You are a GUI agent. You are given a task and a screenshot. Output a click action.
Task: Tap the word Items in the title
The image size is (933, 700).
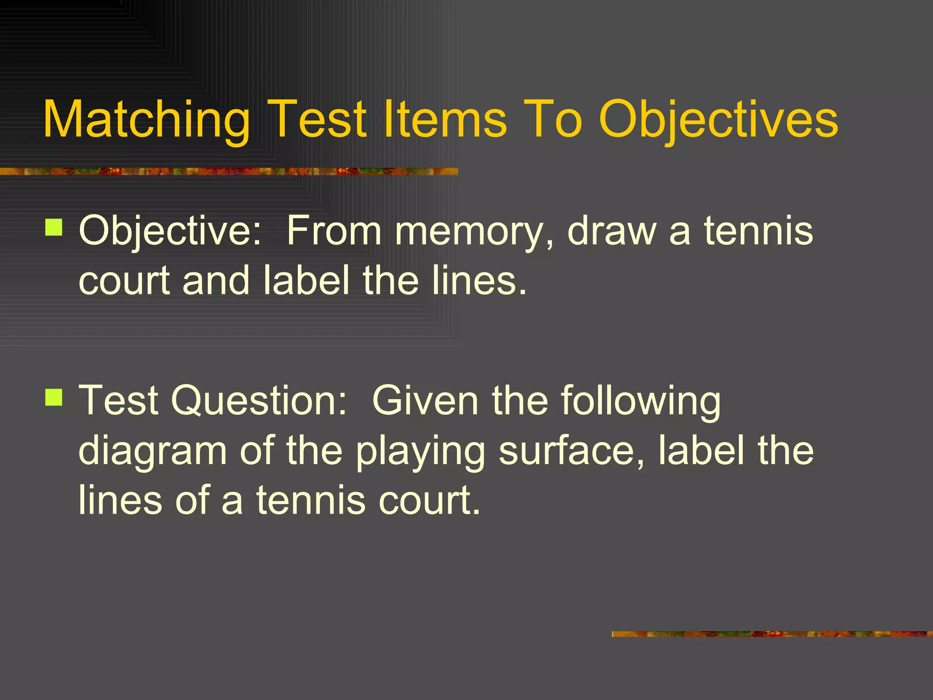pyautogui.click(x=445, y=119)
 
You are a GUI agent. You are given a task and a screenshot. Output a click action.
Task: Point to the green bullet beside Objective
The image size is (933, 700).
pyautogui.click(x=54, y=227)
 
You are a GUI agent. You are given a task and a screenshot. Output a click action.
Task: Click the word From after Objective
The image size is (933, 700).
pyautogui.click(x=333, y=231)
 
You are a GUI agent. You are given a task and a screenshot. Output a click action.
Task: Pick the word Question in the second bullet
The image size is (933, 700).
pyautogui.click(x=258, y=401)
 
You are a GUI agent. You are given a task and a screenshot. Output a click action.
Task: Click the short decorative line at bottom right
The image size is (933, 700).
pyautogui.click(x=772, y=634)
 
